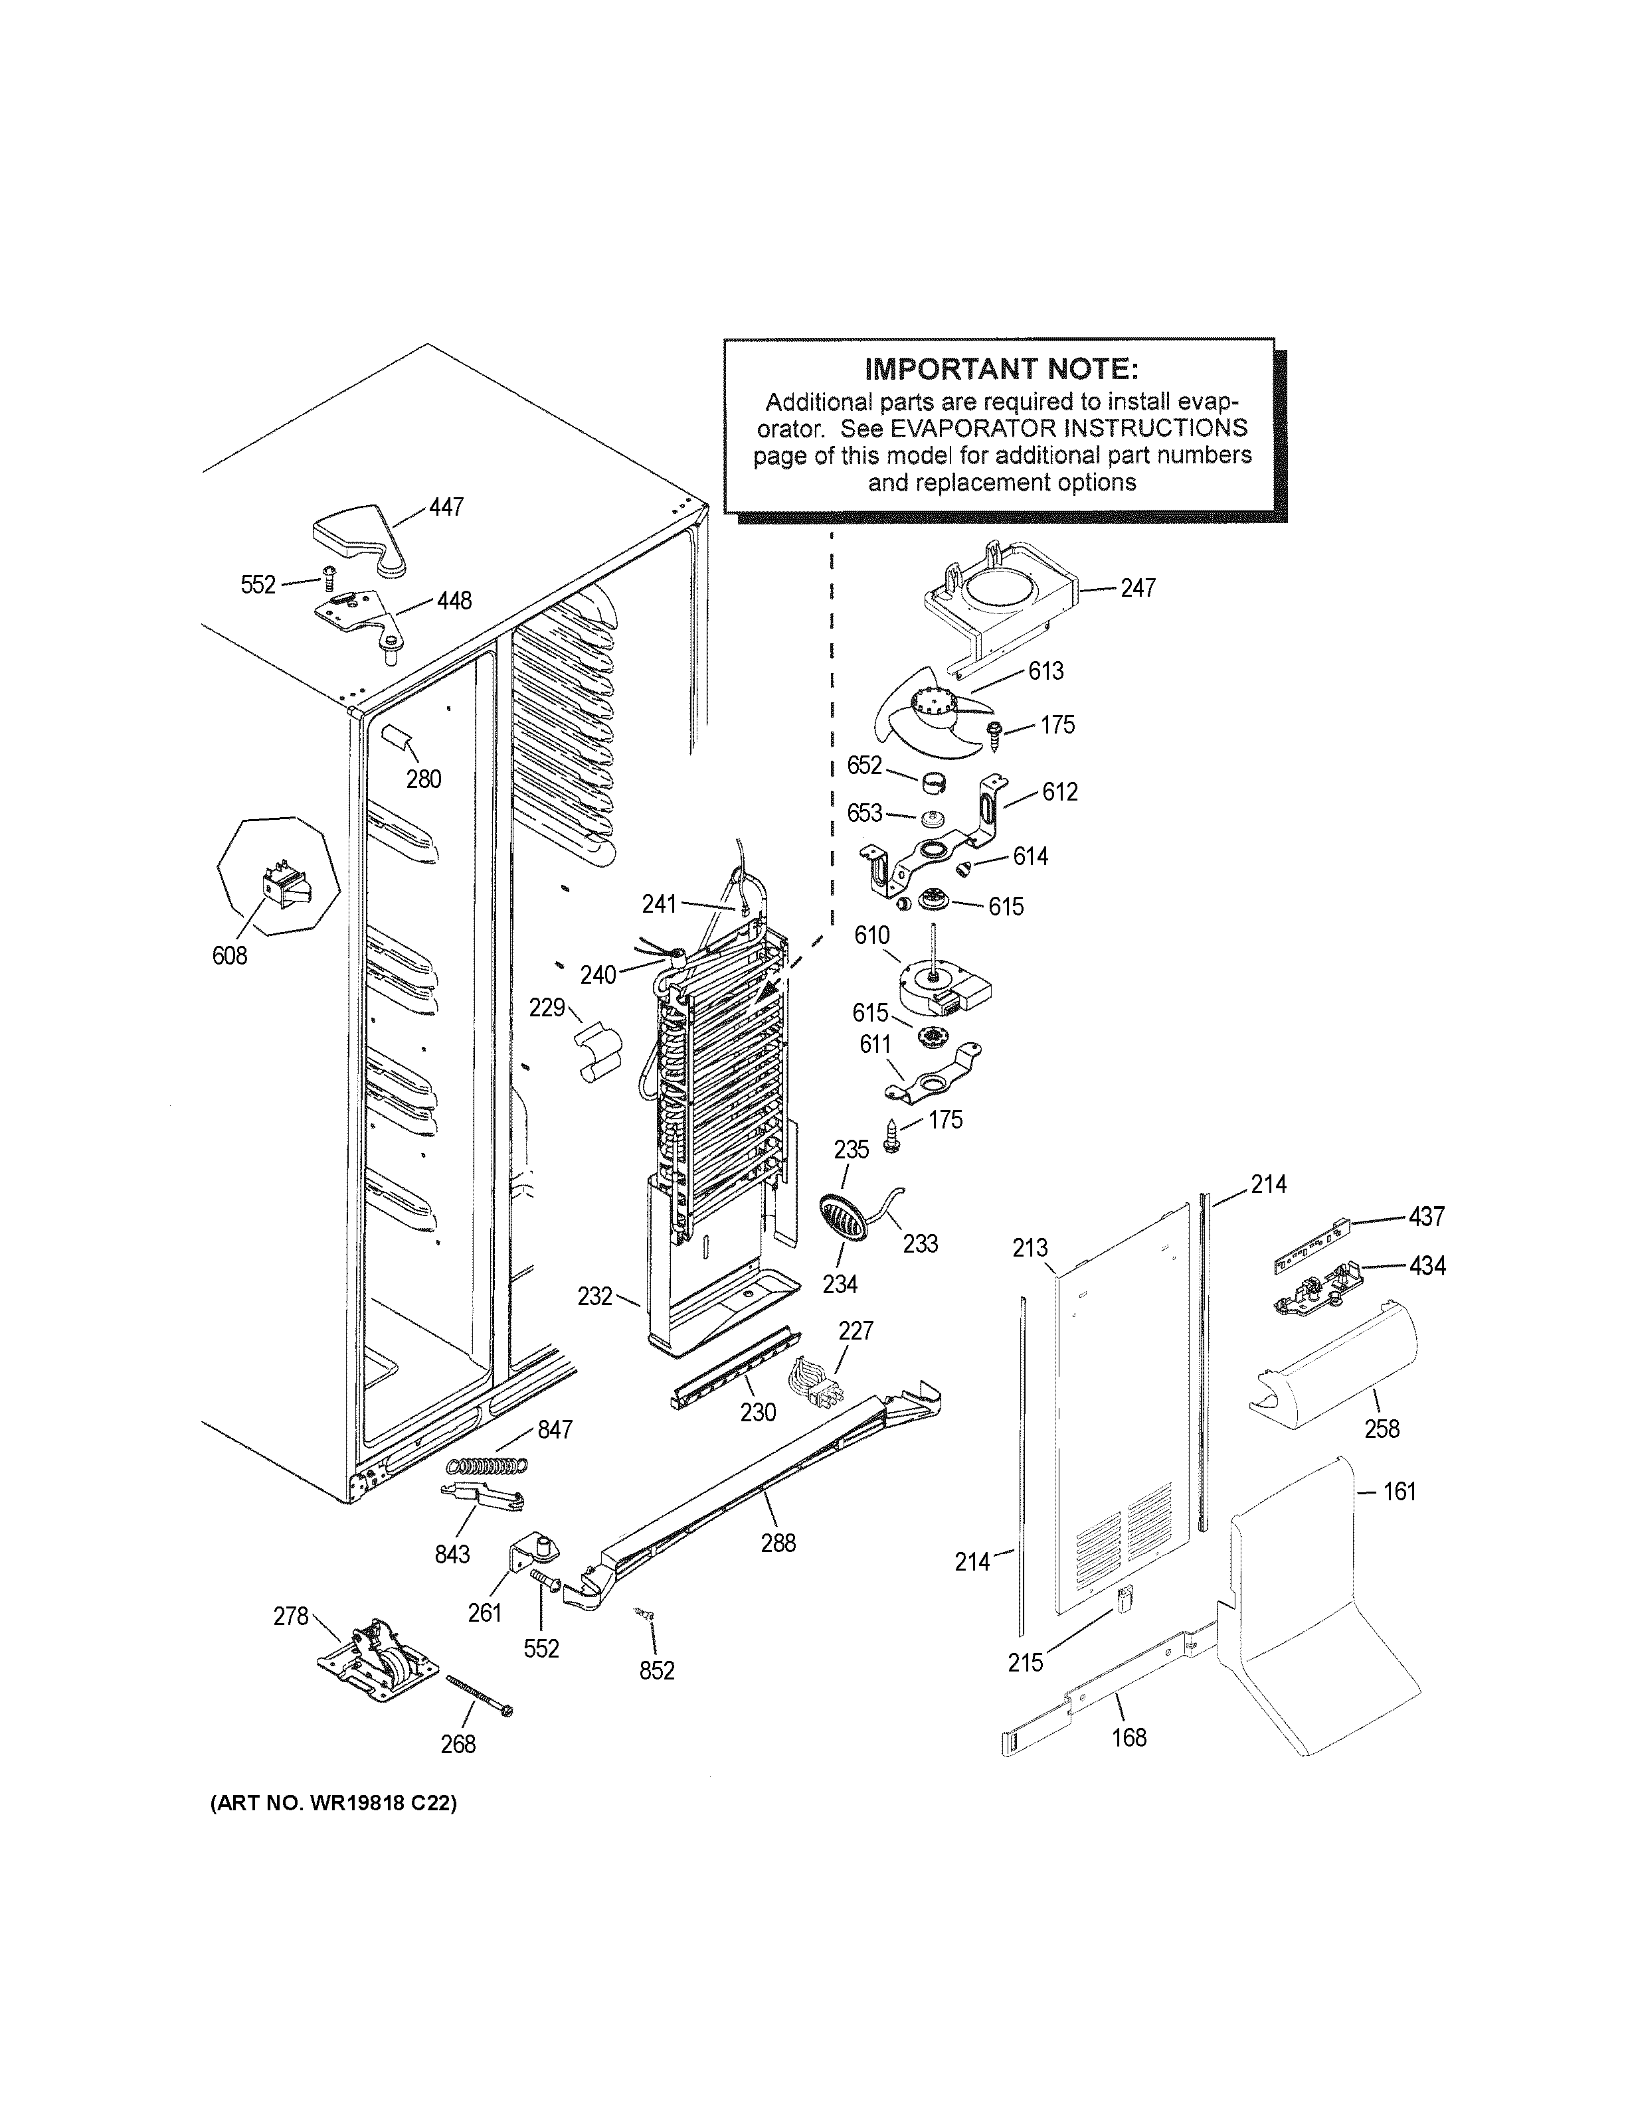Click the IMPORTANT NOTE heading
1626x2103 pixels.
click(x=1001, y=370)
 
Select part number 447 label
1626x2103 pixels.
click(x=446, y=506)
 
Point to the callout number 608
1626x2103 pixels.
click(x=229, y=955)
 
